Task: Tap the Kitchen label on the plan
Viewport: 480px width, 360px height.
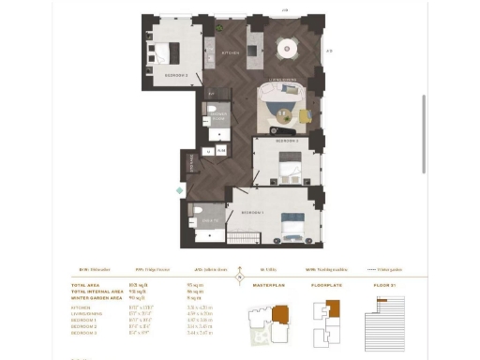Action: pyautogui.click(x=231, y=53)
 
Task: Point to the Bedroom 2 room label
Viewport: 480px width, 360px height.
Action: pyautogui.click(x=287, y=141)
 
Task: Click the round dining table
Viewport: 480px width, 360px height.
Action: pyautogui.click(x=285, y=46)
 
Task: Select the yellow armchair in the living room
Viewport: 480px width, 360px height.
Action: pyautogui.click(x=306, y=115)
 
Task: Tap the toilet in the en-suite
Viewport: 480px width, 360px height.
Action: pyautogui.click(x=192, y=211)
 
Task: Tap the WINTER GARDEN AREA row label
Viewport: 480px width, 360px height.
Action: pyautogui.click(x=97, y=296)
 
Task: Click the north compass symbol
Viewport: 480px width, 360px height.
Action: pyautogui.click(x=240, y=275)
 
